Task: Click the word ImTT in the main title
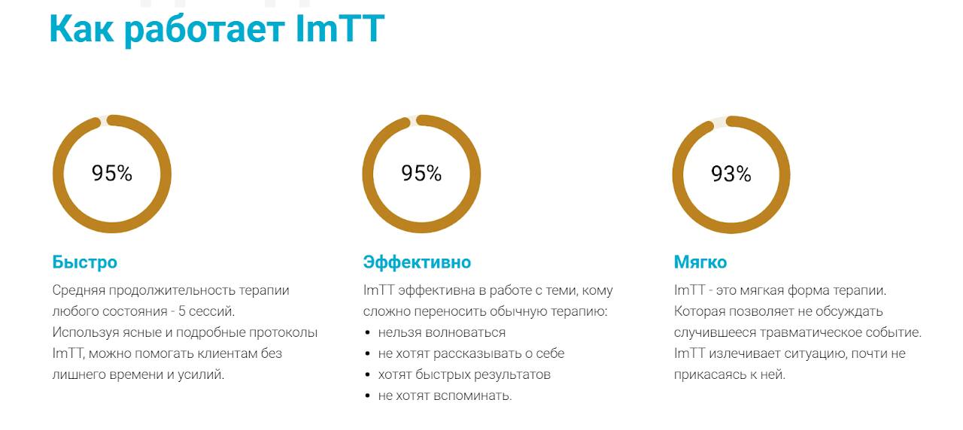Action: [340, 29]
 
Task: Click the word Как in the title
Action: [82, 29]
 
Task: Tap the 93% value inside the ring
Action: [731, 174]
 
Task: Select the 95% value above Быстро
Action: [112, 173]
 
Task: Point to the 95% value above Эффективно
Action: [421, 173]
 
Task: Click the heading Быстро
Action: [85, 262]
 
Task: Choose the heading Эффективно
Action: [417, 262]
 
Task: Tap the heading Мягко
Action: [700, 262]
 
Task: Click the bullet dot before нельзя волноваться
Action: [367, 332]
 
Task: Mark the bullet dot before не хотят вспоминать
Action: [367, 395]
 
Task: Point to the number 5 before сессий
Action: [181, 311]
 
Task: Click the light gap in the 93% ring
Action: [718, 122]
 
